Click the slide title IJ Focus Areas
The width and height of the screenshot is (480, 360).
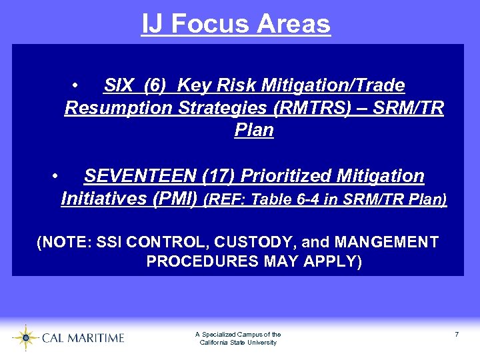tap(236, 24)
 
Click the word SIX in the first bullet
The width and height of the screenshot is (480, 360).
tap(119, 85)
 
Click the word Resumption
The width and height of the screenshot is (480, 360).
tap(118, 108)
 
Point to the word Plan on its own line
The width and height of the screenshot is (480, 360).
tap(254, 130)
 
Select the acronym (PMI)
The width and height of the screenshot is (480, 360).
tap(175, 199)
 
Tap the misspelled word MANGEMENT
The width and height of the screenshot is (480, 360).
tap(387, 242)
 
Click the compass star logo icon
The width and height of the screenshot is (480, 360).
tap(25, 337)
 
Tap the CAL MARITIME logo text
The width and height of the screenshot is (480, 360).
tap(83, 338)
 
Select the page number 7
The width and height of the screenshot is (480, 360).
tap(457, 334)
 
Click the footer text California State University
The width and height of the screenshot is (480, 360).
tap(238, 343)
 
